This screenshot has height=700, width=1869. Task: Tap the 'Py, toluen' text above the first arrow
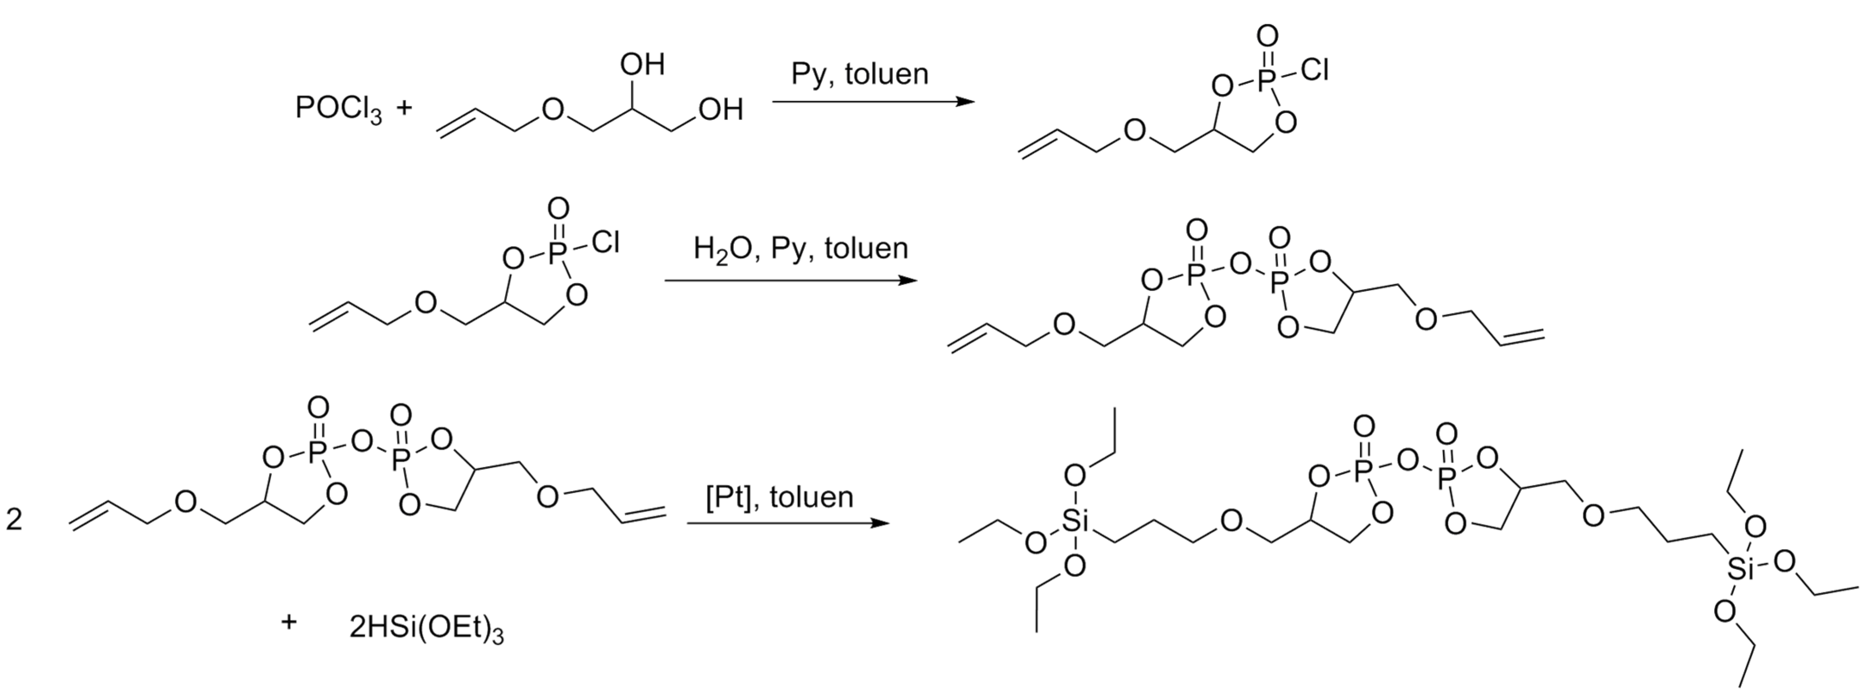859,74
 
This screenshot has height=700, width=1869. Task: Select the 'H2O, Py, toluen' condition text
800,249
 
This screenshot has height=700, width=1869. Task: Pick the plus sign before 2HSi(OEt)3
289,622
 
